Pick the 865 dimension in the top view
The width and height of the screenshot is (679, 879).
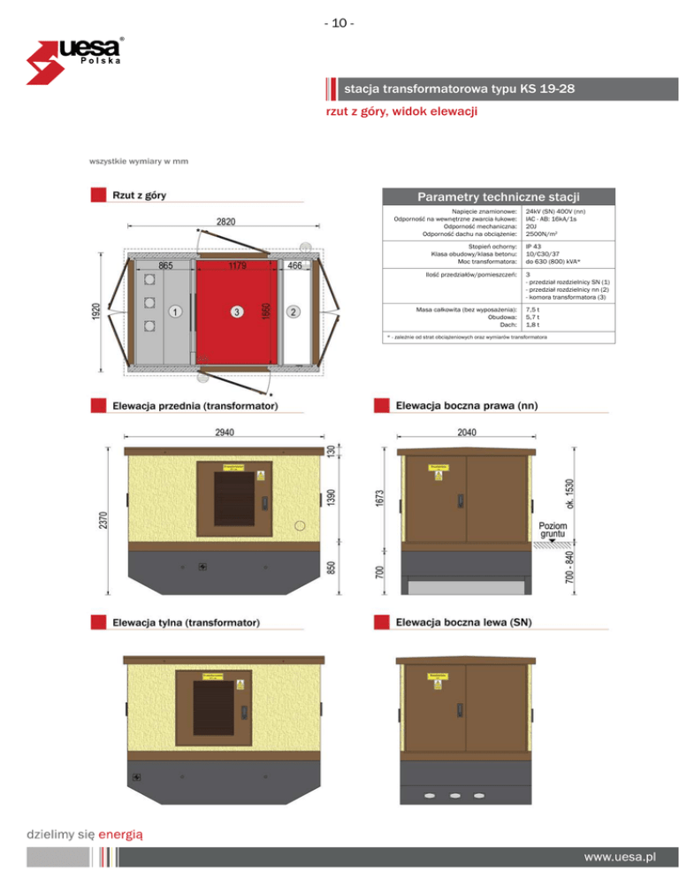(x=165, y=265)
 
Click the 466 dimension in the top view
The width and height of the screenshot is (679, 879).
(x=295, y=265)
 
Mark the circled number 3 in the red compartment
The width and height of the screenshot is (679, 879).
(x=236, y=312)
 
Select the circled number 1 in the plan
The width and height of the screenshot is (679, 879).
(x=176, y=312)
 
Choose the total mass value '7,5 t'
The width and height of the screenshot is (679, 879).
(x=532, y=310)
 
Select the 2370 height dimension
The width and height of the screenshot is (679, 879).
(x=103, y=520)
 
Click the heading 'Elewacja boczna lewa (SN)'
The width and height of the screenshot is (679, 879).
(x=463, y=623)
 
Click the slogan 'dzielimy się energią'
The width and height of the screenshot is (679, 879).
(x=85, y=833)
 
